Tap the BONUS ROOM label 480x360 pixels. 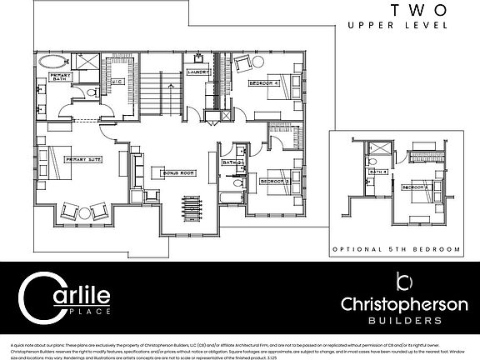coord(177,172)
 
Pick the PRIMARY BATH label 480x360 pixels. coord(62,77)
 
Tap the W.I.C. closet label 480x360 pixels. coord(118,82)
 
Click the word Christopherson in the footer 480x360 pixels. coord(399,303)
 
